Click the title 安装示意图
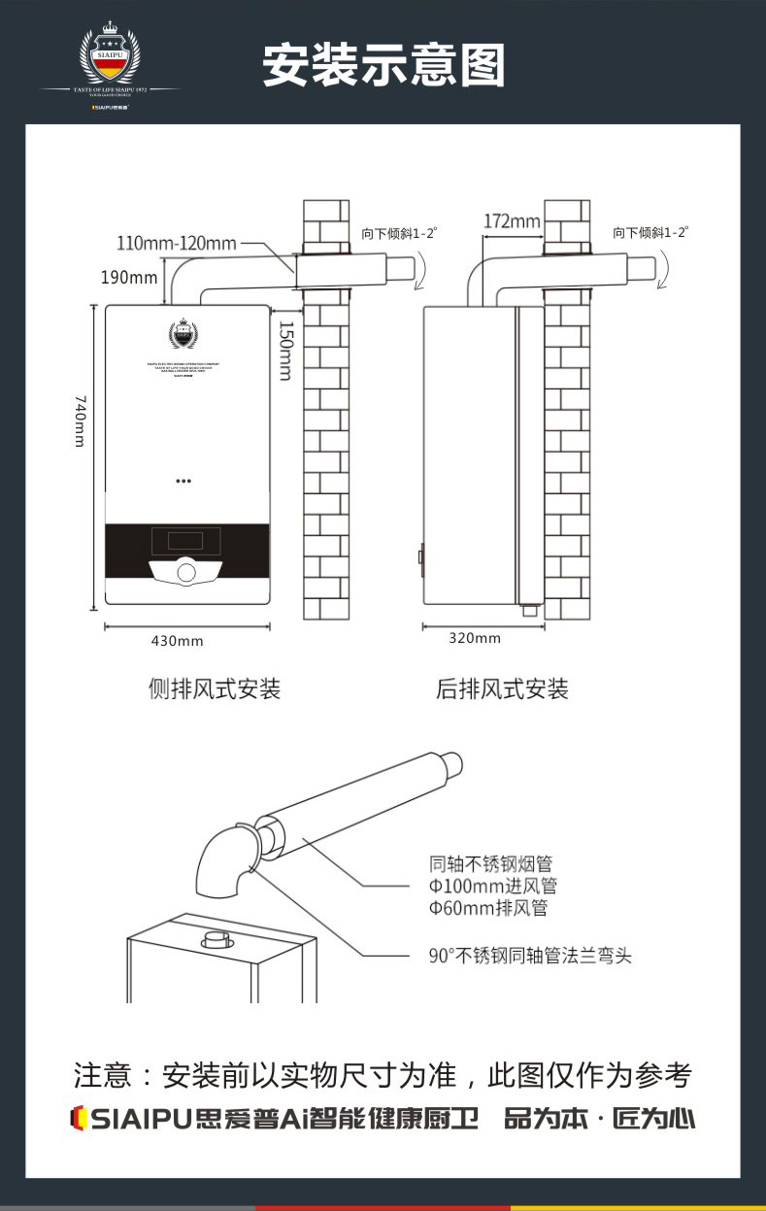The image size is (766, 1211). click(384, 65)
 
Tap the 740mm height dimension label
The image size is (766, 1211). click(81, 420)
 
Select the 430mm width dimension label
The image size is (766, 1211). click(177, 640)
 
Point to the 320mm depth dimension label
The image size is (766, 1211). click(475, 638)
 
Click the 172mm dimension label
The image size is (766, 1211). click(512, 221)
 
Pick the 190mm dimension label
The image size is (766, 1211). click(129, 278)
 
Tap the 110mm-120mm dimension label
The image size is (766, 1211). click(176, 242)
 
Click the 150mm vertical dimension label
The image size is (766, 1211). click(284, 350)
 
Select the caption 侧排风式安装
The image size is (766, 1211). click(214, 690)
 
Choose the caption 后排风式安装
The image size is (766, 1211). click(502, 690)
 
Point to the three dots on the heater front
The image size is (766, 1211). click(184, 480)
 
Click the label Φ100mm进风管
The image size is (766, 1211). click(493, 886)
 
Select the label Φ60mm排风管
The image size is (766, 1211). click(488, 908)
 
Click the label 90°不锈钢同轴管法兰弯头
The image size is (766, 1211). click(530, 956)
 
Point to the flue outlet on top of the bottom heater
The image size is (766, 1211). click(216, 940)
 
